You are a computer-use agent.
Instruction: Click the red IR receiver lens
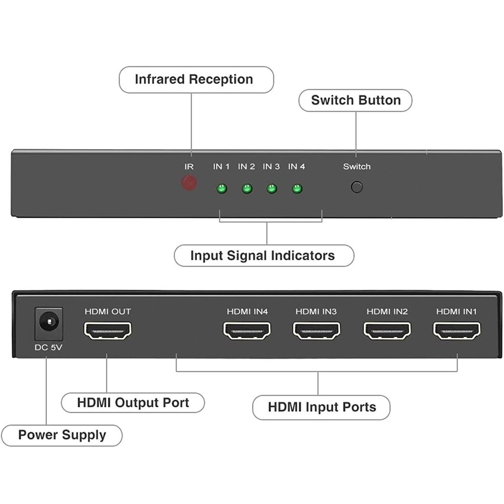189,182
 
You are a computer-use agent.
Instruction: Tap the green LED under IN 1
221,189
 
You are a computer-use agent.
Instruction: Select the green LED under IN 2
246,189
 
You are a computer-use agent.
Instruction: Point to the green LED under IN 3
272,189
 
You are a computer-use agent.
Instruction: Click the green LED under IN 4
297,189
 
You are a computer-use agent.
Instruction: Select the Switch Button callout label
355,100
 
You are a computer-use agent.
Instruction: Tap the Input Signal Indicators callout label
263,256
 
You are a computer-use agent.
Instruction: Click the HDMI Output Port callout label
133,403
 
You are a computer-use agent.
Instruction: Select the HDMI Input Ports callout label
322,407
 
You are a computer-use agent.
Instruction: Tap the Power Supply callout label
62,435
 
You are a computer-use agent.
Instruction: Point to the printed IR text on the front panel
189,166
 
